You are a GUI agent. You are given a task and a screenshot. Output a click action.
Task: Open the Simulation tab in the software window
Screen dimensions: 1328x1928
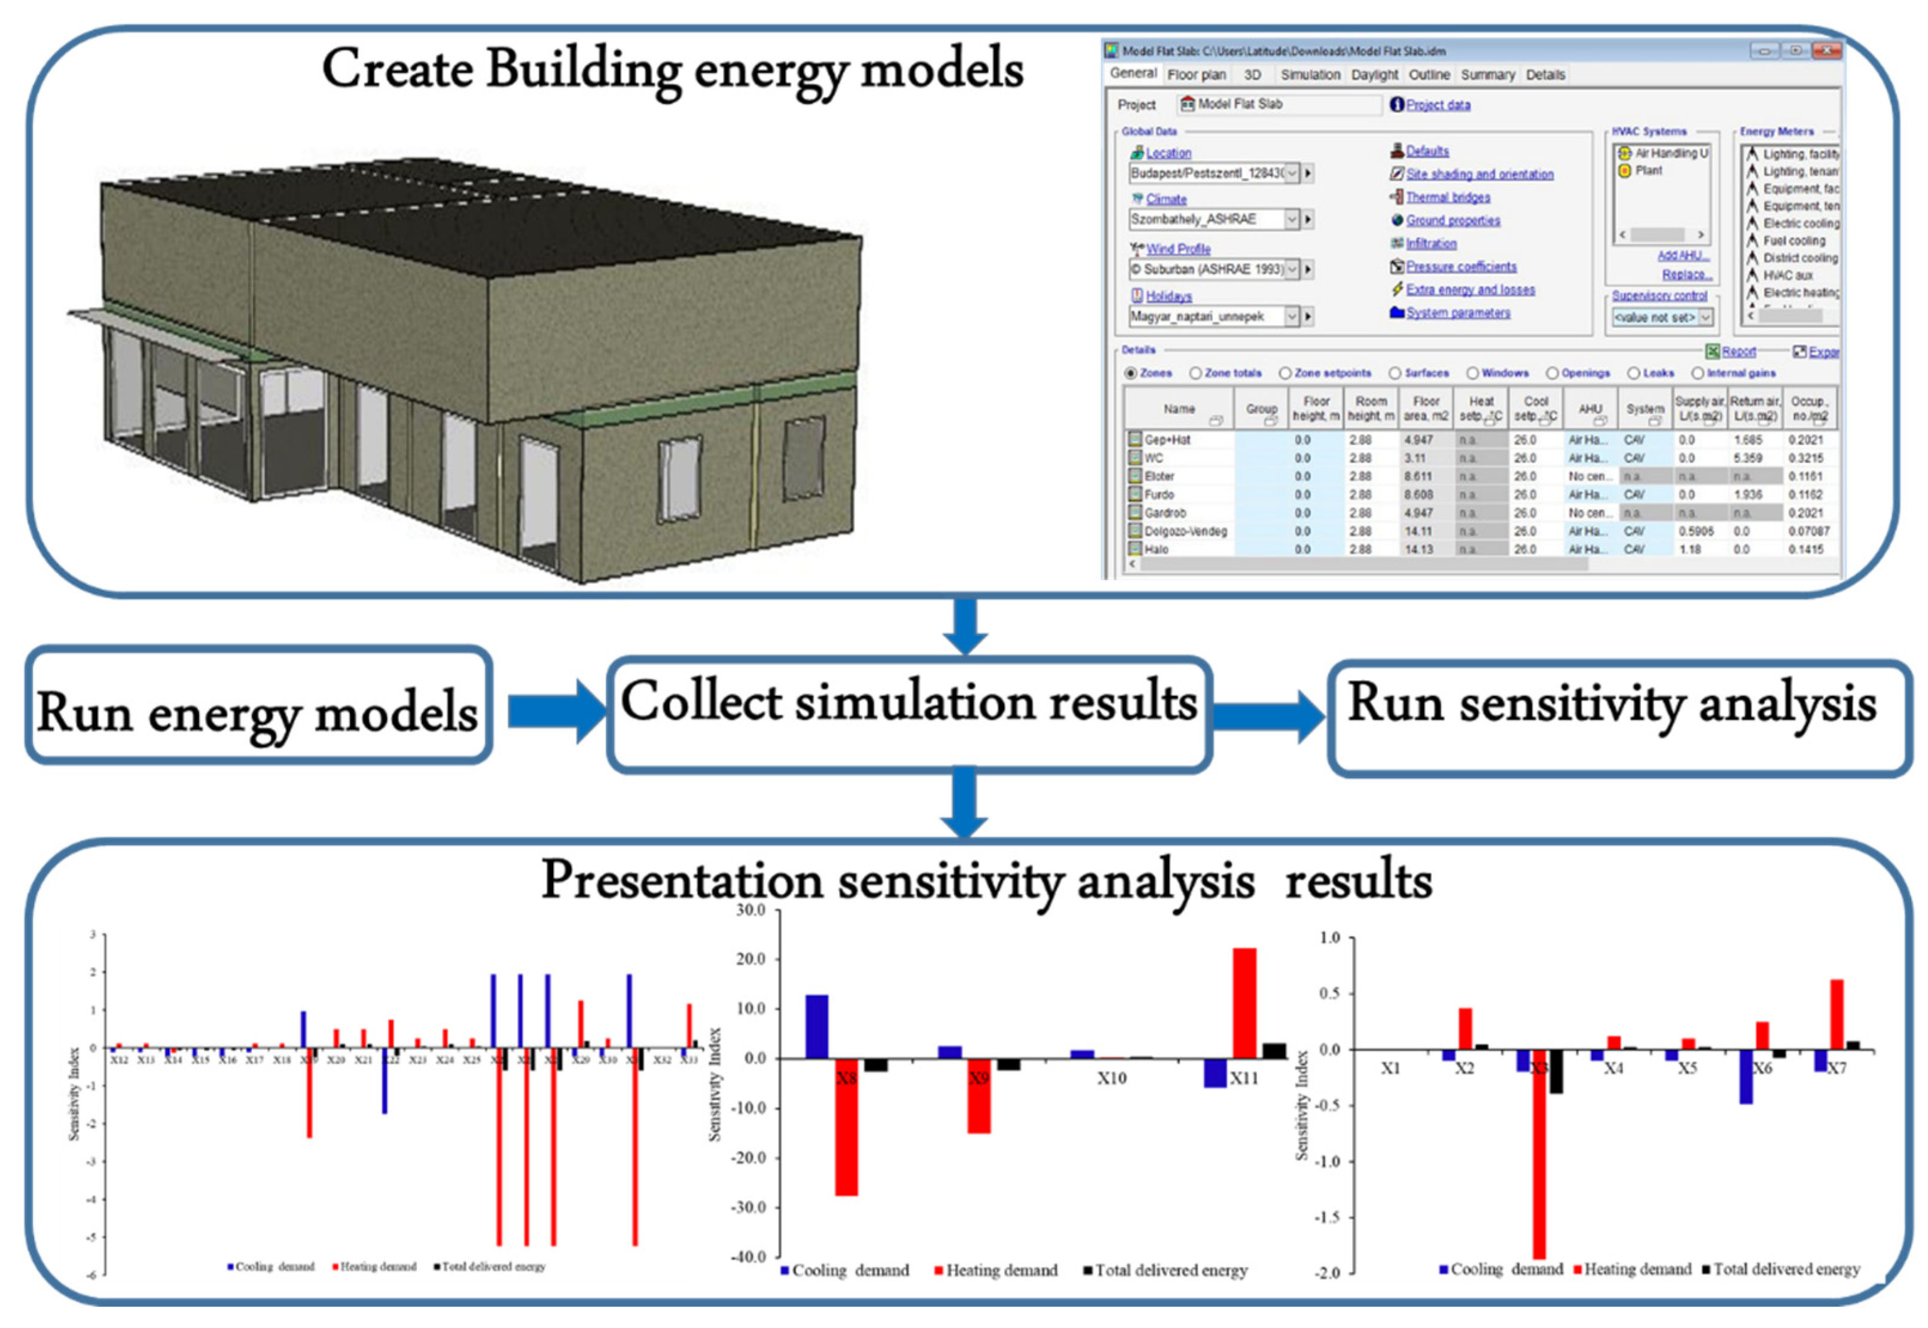pyautogui.click(x=1310, y=75)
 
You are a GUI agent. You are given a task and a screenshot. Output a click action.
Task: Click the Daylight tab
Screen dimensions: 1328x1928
pyautogui.click(x=1374, y=75)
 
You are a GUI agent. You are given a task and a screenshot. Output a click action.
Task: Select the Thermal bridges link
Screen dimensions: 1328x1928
pyautogui.click(x=1448, y=197)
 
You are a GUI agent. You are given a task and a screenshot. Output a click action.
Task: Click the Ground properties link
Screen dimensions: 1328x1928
pyautogui.click(x=1453, y=221)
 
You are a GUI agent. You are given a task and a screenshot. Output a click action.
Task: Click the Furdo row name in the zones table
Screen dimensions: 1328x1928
pyautogui.click(x=1159, y=495)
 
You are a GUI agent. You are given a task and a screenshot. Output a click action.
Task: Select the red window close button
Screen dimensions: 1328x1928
pyautogui.click(x=1826, y=51)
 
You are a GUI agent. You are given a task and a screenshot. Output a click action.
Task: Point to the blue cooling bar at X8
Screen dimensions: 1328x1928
pyautogui.click(x=817, y=1026)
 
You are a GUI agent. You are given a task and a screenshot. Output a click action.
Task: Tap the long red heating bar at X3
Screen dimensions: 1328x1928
pyautogui.click(x=1539, y=1165)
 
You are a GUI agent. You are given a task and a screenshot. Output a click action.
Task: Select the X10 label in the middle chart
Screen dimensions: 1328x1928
pyautogui.click(x=1111, y=1078)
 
